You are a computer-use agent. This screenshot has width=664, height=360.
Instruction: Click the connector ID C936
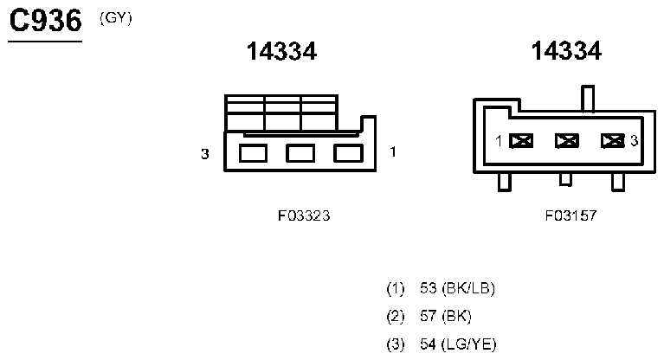click(x=44, y=22)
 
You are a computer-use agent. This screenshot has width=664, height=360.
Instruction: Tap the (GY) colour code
click(x=116, y=17)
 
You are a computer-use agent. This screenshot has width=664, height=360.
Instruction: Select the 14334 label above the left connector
click(x=281, y=52)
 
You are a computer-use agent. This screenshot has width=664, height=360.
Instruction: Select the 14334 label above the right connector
click(x=566, y=52)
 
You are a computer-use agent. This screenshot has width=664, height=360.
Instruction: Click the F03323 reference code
click(x=298, y=216)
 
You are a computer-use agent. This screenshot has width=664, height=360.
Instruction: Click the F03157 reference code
click(x=571, y=216)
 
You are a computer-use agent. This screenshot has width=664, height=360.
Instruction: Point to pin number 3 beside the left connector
click(x=205, y=154)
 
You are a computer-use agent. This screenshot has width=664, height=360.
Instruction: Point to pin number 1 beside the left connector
click(x=393, y=153)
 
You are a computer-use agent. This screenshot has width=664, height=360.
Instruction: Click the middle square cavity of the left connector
click(x=300, y=154)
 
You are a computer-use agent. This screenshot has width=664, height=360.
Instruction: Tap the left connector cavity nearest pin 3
click(x=252, y=154)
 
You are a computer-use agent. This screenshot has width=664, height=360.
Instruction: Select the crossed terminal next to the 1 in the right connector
click(x=521, y=140)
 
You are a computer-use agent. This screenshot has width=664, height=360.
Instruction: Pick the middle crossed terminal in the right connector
click(x=567, y=140)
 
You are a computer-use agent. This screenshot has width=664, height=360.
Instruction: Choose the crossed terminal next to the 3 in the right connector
click(x=612, y=140)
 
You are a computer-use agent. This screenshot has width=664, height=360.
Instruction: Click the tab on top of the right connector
click(x=589, y=98)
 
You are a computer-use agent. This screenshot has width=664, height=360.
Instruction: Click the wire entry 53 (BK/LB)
click(x=456, y=288)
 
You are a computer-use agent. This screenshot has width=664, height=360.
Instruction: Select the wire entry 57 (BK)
click(x=445, y=316)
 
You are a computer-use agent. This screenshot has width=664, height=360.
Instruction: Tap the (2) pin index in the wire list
click(x=396, y=316)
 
